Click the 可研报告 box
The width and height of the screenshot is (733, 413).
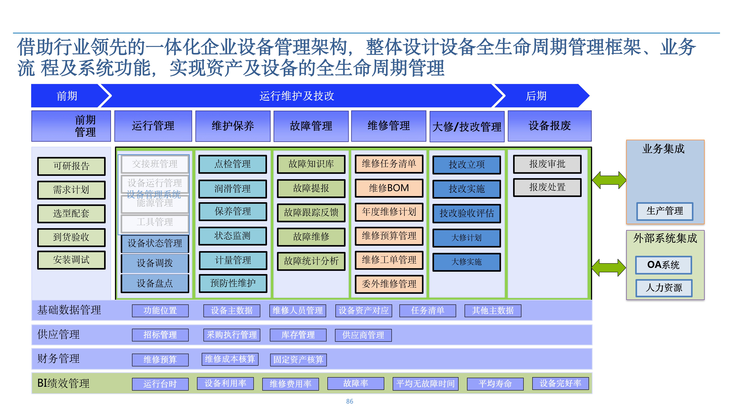(x=71, y=166)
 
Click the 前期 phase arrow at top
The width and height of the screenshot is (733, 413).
(x=67, y=96)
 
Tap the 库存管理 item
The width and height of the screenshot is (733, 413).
(x=298, y=335)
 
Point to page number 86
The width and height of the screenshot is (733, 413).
(x=349, y=401)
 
